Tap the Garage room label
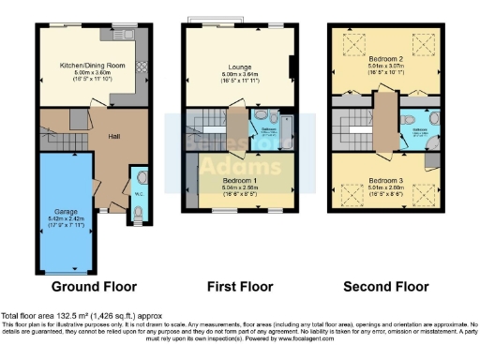coord(65,213)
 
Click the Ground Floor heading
coord(94,286)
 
